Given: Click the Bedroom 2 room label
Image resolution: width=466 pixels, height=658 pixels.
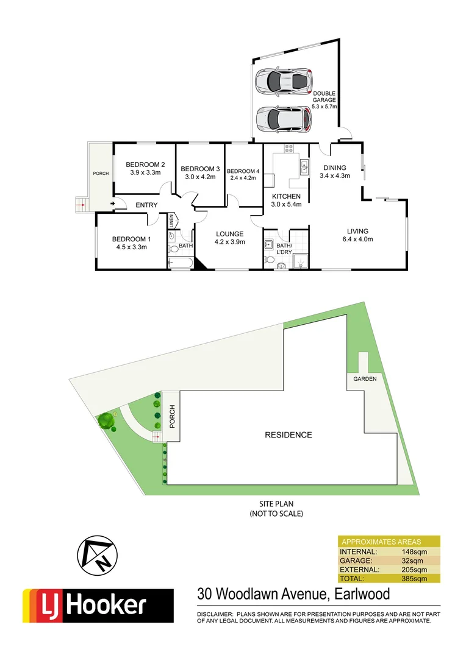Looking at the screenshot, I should click(145, 164).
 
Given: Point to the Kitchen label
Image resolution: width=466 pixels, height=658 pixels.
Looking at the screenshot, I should click(286, 196).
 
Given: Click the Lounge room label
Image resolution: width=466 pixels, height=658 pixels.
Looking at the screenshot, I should click(229, 234).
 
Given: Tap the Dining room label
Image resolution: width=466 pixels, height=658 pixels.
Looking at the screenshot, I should click(335, 168).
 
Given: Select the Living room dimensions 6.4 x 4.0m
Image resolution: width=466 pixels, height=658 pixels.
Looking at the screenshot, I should click(357, 239).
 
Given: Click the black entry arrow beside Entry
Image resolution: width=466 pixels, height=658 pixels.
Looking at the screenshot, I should click(113, 204).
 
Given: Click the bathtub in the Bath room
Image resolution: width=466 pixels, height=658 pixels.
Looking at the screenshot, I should click(180, 263).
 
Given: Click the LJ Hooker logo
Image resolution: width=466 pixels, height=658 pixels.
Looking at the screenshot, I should click(98, 606).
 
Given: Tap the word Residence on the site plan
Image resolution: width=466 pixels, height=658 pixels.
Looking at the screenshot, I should click(288, 435).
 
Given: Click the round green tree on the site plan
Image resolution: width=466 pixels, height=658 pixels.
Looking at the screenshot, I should click(106, 420).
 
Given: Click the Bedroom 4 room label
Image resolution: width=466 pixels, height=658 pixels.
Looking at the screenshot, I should click(243, 171).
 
